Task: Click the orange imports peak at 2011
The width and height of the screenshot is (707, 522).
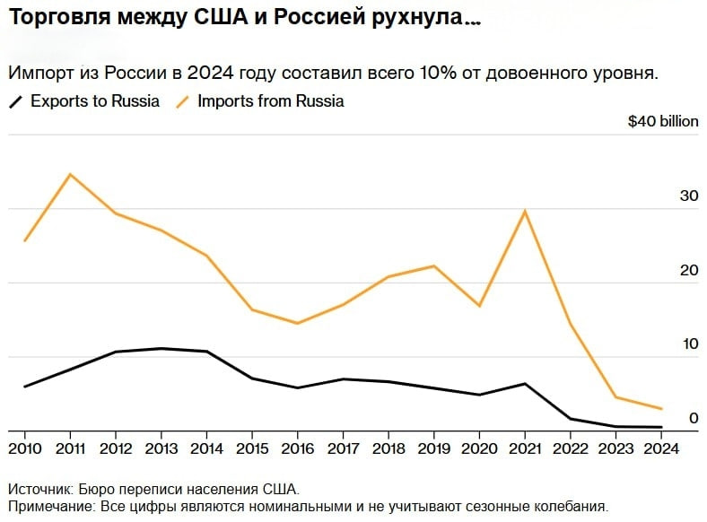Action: [x=71, y=174]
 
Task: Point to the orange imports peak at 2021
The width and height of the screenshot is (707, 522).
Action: [x=524, y=211]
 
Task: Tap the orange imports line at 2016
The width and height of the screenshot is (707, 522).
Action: [x=297, y=323]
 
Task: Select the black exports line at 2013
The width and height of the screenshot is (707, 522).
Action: [x=161, y=348]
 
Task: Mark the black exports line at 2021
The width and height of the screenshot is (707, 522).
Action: [x=524, y=384]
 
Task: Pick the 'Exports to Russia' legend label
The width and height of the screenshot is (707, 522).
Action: [x=95, y=101]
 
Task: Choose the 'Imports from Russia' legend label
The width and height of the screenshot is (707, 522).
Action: [x=270, y=101]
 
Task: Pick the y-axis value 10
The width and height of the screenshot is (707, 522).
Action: [x=689, y=344]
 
